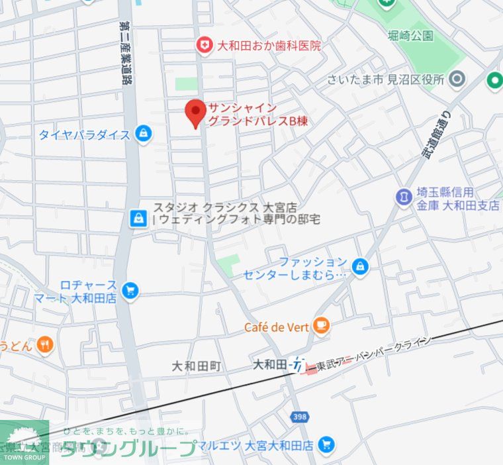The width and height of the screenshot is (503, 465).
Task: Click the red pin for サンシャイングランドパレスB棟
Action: (x=195, y=113)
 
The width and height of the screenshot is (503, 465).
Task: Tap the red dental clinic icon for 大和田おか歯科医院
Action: (x=205, y=46)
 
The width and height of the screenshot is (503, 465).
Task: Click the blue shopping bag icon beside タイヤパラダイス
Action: (x=142, y=134)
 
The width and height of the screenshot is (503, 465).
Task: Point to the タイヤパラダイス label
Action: (x=84, y=135)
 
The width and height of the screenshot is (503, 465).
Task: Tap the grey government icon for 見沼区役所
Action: (x=457, y=80)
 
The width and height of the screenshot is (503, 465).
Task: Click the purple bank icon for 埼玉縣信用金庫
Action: (x=403, y=197)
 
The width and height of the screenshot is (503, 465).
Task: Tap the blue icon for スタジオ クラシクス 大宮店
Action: (x=138, y=217)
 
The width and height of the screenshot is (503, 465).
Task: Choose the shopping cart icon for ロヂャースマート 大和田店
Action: (x=130, y=290)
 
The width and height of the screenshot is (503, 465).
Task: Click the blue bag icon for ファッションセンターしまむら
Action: (x=359, y=266)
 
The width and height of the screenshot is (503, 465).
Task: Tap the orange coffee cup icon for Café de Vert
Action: (x=322, y=325)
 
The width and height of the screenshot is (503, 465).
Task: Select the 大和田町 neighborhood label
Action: (x=196, y=366)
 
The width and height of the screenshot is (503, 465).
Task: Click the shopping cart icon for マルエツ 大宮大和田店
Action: (x=324, y=444)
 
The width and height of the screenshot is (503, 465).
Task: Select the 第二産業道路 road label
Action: (x=123, y=53)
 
